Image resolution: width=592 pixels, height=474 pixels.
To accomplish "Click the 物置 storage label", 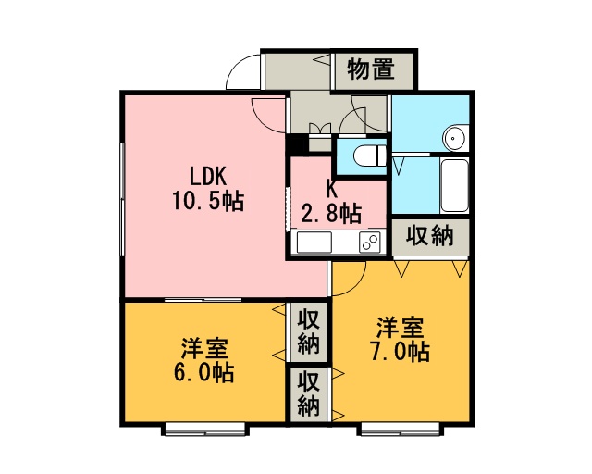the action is [371, 69].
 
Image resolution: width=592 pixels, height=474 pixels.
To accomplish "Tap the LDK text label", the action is [207, 176].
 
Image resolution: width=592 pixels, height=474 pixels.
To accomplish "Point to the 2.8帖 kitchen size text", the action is [331, 214].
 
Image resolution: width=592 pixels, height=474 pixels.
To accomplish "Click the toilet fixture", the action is [371, 156].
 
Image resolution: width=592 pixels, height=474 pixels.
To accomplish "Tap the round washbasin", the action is [454, 138].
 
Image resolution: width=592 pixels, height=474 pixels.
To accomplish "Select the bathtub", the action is [454, 185].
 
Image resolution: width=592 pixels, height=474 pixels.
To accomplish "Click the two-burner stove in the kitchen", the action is [370, 242].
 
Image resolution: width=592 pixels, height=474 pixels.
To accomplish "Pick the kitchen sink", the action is [314, 242].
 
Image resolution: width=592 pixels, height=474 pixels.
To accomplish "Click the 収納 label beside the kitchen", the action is [429, 237].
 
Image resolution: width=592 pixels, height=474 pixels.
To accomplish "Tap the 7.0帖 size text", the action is [401, 352].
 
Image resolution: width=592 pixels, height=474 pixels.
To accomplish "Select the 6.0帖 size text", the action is [203, 372].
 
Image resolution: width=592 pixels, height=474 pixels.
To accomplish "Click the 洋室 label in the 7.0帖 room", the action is [401, 328].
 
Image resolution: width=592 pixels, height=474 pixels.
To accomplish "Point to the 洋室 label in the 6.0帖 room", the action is [204, 348].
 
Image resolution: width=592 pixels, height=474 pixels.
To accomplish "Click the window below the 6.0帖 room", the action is [205, 430].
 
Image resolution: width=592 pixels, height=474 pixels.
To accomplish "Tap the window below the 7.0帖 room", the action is [401, 430].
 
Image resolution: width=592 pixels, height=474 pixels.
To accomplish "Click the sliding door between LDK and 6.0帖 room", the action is [203, 300].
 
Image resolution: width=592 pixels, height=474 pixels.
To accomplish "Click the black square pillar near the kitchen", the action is [297, 145].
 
